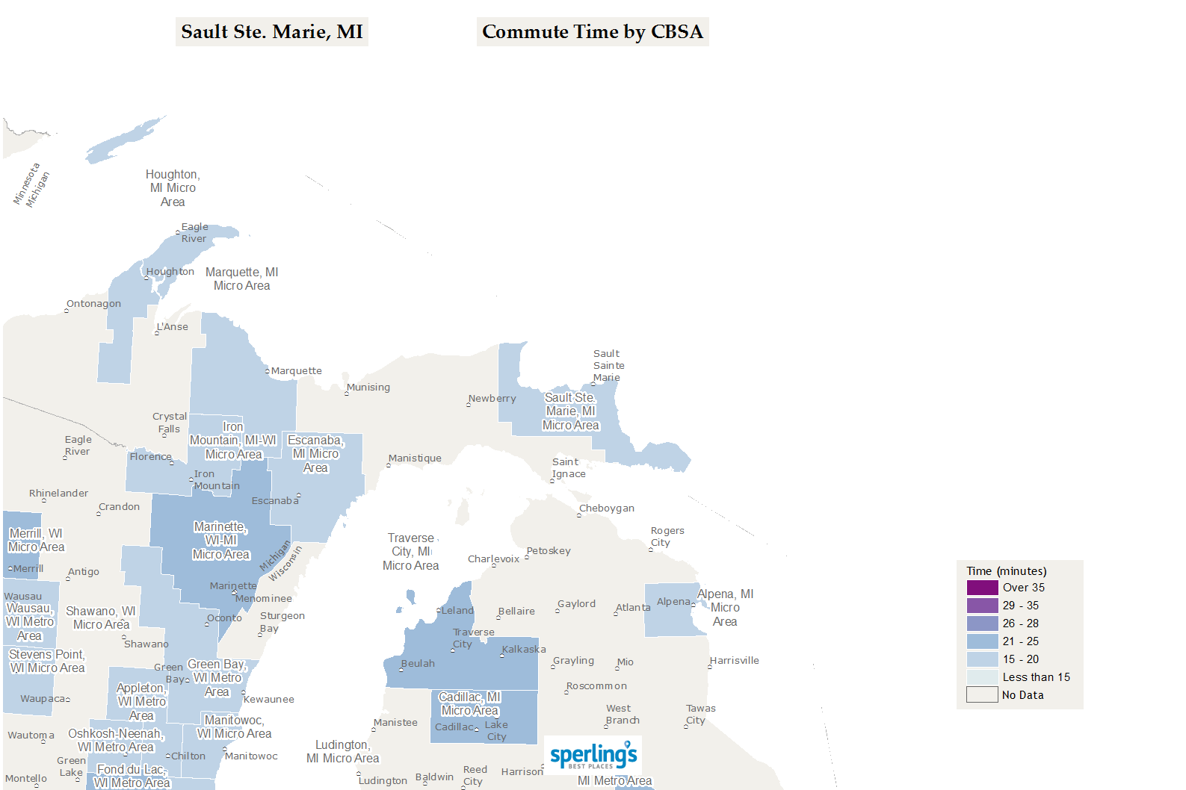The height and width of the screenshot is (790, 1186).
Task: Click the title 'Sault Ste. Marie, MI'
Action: (271, 32)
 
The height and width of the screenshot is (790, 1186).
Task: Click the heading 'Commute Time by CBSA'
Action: (592, 32)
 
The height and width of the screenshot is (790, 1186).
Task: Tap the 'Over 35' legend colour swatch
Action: (982, 588)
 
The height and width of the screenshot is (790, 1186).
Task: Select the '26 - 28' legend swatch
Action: (982, 623)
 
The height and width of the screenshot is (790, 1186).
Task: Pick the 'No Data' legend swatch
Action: (982, 695)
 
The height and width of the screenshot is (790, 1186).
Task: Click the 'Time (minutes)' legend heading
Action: (1006, 571)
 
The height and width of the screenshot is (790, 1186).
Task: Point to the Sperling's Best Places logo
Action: (593, 756)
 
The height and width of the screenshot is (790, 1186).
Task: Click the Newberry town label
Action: (492, 399)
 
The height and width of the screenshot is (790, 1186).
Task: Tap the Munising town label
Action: (368, 388)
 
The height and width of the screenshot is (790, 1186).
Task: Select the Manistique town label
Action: (415, 458)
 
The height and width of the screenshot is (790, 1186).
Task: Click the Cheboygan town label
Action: (606, 508)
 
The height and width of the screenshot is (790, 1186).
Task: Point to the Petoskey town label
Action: (549, 551)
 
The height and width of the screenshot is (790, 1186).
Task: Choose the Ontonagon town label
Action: (93, 304)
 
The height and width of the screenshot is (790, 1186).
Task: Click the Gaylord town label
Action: (576, 604)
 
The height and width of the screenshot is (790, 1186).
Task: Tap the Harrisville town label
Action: (734, 661)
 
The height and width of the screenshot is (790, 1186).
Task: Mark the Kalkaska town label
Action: (524, 650)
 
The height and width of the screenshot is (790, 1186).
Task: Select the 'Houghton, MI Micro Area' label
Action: (173, 188)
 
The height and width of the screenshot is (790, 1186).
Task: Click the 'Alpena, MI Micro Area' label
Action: (724, 608)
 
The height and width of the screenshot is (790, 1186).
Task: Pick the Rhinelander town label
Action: (58, 494)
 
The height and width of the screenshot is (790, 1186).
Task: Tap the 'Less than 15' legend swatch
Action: (982, 677)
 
